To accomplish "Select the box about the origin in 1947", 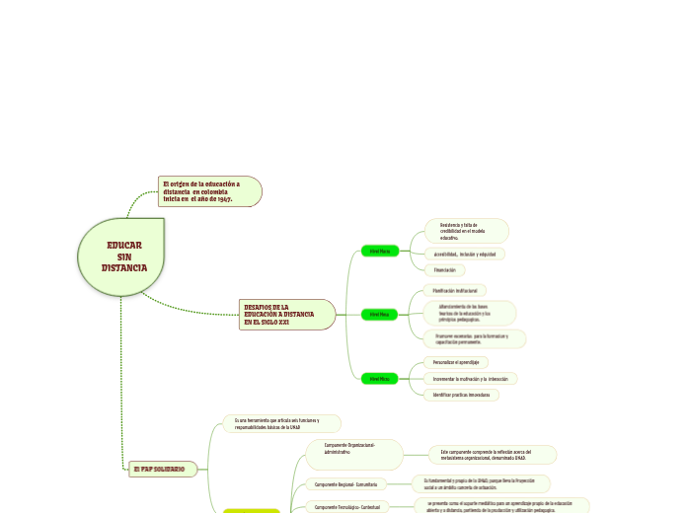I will pos(209,191).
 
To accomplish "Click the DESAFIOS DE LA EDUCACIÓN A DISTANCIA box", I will pos(284,315).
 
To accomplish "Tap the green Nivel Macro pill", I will pos(379,251).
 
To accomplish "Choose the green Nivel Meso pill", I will pos(379,315).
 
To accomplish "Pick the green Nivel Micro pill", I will pos(379,378).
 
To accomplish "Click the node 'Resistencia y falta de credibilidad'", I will pos(465,231).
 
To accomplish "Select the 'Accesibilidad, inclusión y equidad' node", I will pos(463,254).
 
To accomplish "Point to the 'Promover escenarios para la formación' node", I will pos(472,339).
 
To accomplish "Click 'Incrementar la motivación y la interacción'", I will pos(469,378).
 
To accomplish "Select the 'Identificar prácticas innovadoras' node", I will pos(459,395).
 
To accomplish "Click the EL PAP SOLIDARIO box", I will pos(163,469).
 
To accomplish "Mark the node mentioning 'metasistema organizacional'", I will pos(492,454).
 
